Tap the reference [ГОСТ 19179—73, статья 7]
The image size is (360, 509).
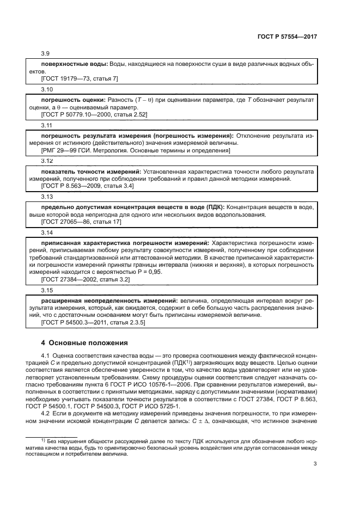pyautogui.click(x=80, y=78)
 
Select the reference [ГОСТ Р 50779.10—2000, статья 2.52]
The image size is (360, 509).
pyautogui.click(x=94, y=114)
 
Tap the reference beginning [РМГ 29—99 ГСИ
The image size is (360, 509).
pyautogui.click(x=136, y=150)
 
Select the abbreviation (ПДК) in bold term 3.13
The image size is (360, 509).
pyautogui.click(x=212, y=207)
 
